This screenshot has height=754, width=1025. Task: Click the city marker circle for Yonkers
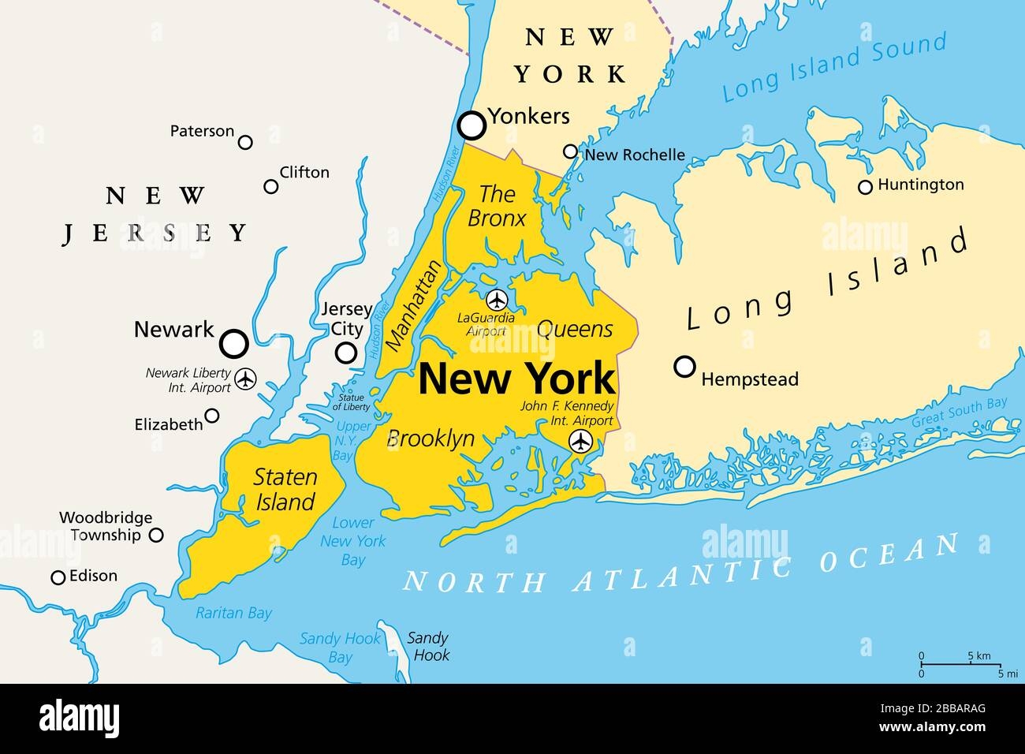click(471, 125)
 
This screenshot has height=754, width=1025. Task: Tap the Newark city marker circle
click(233, 343)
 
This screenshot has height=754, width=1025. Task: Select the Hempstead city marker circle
click(685, 367)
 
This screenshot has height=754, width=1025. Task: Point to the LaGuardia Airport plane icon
click(496, 300)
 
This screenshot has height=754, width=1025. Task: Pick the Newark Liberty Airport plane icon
click(246, 379)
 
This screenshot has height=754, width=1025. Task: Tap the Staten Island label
click(285, 489)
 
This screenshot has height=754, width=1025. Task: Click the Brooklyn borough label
click(430, 439)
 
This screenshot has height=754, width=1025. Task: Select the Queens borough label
click(575, 329)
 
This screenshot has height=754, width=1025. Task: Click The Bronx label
click(497, 206)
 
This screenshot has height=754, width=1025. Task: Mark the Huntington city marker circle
click(865, 187)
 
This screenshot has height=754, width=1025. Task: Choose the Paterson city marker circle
click(245, 142)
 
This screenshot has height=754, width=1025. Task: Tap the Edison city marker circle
click(58, 578)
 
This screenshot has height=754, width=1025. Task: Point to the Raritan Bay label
click(233, 613)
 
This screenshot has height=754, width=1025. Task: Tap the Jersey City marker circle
click(346, 353)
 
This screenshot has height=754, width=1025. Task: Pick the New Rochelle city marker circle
click(570, 151)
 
